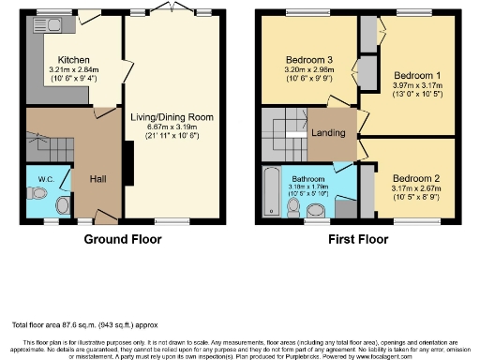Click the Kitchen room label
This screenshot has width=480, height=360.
pyautogui.click(x=72, y=58)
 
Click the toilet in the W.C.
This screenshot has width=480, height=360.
pyautogui.click(x=37, y=193)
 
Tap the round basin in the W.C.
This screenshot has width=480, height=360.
pyautogui.click(x=63, y=204)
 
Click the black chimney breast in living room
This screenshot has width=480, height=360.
pyautogui.click(x=130, y=162)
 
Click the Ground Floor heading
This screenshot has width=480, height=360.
pyautogui.click(x=123, y=240)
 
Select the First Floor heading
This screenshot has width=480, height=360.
pyautogui.click(x=358, y=240)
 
